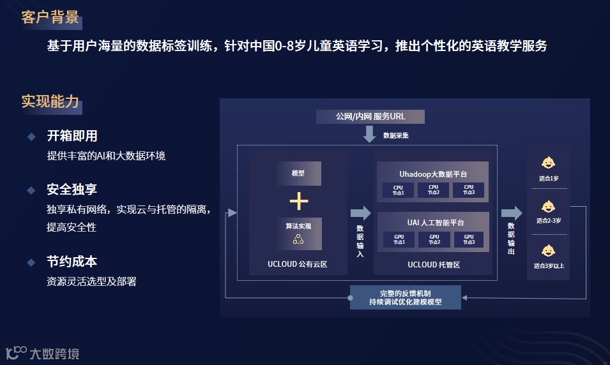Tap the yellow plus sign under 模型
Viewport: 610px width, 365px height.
tap(298, 202)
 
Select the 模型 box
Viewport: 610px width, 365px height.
tap(298, 174)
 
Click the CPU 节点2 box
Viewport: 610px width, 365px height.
tap(434, 190)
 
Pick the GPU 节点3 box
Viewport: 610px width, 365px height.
tap(469, 240)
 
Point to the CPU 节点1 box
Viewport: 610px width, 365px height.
tap(399, 190)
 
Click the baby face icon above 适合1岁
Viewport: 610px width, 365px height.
tap(547, 163)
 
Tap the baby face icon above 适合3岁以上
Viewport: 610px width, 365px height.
tap(547, 251)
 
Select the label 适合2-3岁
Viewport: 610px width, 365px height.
tap(548, 221)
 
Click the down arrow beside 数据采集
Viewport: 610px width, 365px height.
tap(369, 135)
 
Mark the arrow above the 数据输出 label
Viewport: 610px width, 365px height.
tap(512, 213)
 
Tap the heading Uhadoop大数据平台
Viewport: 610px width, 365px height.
tap(433, 174)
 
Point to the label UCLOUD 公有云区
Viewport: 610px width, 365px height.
tap(298, 264)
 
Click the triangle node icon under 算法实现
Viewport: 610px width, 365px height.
tap(298, 239)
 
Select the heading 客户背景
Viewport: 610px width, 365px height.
tap(50, 17)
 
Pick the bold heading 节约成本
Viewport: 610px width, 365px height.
tap(72, 262)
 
